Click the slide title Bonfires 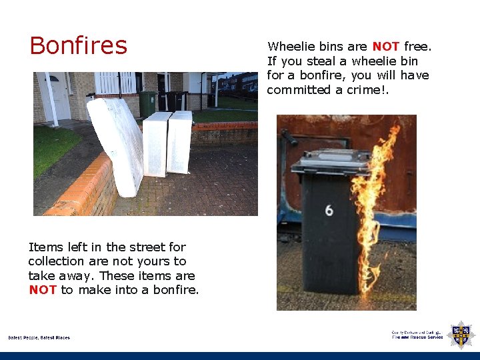78,45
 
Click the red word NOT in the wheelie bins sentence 385,47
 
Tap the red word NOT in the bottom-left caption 43,290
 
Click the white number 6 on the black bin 329,211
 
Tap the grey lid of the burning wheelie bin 331,162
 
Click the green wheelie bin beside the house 147,103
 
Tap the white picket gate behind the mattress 117,83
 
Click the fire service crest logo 461,334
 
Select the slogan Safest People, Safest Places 39,338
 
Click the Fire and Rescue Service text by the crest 417,337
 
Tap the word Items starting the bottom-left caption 41,247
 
